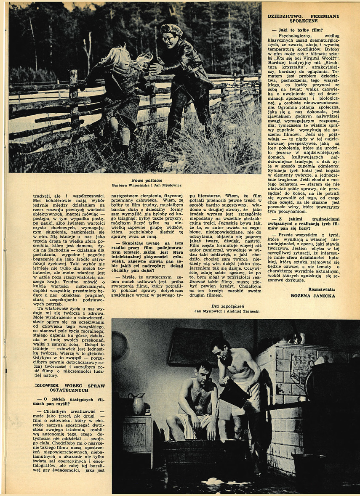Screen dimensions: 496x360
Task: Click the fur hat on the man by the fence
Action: [x=172, y=29]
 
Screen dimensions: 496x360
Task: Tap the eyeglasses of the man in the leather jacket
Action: [x=168, y=39]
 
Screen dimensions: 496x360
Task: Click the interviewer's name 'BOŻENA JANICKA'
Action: [x=313, y=296]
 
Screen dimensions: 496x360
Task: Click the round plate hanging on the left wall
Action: [x=119, y=345]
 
